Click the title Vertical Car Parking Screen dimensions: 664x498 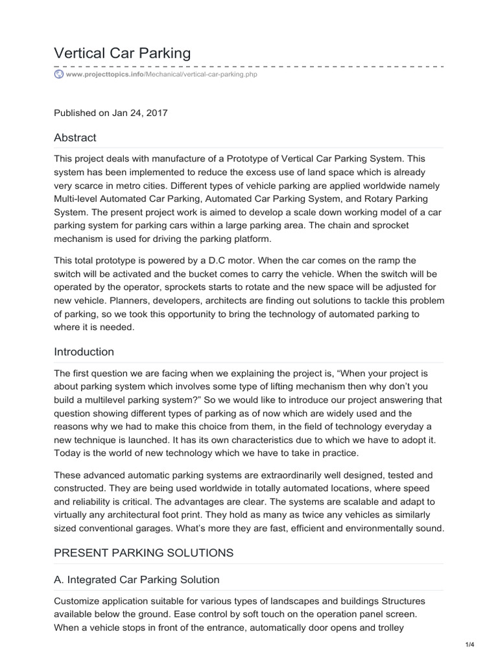tap(123, 53)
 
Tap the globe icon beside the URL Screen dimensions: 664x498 tap(59, 75)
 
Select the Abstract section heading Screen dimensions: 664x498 tap(75, 137)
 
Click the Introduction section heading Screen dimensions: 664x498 tap(84, 352)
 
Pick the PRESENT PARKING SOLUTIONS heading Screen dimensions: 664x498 tap(143, 553)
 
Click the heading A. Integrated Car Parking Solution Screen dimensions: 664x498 tap(137, 580)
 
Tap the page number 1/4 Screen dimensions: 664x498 tap(470, 644)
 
